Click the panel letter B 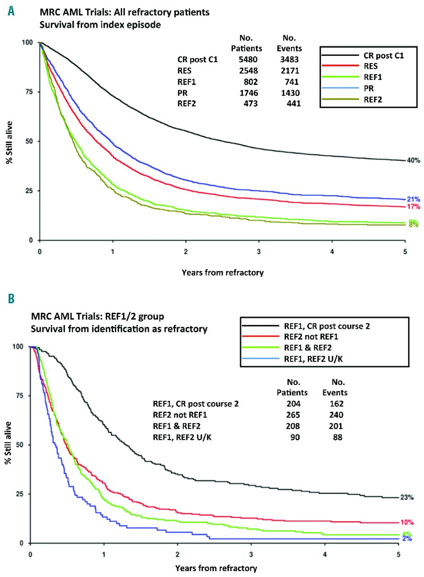11,298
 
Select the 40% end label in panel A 414,160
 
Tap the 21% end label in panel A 414,199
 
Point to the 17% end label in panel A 414,207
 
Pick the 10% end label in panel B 407,522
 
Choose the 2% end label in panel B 407,539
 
